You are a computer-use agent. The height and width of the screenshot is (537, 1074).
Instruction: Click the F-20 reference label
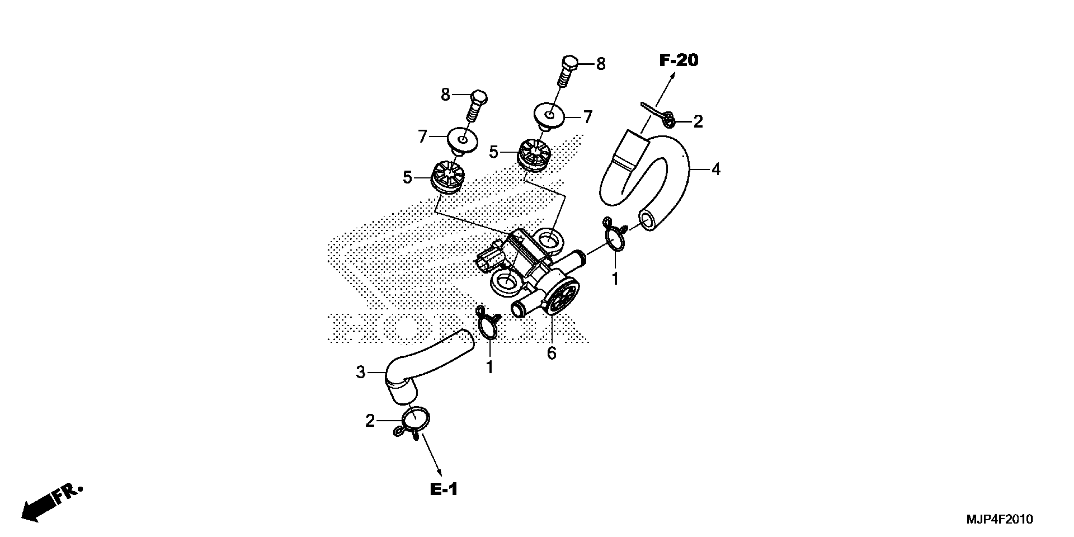click(678, 60)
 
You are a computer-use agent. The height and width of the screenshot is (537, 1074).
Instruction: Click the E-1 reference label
click(443, 489)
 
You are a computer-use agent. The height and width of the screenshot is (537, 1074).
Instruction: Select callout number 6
click(551, 353)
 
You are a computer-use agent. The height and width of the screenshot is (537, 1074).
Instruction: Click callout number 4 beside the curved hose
click(715, 169)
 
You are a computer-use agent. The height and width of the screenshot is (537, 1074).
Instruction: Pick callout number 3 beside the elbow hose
click(361, 372)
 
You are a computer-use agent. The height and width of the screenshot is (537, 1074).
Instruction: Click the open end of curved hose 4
click(647, 220)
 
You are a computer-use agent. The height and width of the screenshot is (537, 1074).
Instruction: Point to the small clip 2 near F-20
click(666, 120)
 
